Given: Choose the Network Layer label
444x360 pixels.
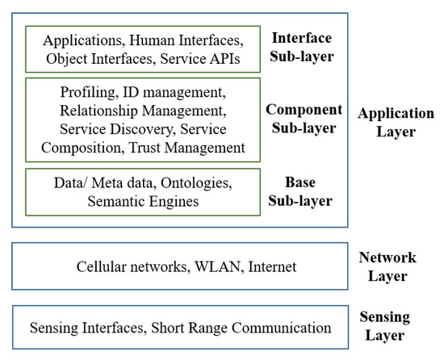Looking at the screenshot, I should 387,267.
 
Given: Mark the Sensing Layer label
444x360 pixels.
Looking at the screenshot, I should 386,326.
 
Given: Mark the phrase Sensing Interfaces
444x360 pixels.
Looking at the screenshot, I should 88,328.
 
